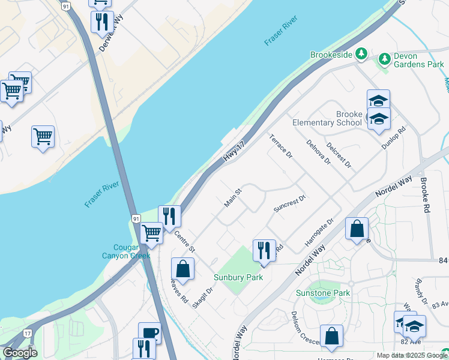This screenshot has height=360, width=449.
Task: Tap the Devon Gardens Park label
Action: tap(418, 60)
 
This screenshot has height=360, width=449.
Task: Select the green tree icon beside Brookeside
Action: tap(361, 55)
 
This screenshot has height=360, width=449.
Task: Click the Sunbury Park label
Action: tap(238, 277)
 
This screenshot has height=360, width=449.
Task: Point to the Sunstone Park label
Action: tap(323, 293)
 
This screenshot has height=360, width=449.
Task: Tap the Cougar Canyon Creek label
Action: tap(123, 251)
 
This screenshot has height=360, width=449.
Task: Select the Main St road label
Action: tap(233, 198)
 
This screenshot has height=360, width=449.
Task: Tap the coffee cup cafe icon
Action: tap(149, 333)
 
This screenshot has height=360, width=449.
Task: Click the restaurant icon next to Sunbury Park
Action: tap(264, 250)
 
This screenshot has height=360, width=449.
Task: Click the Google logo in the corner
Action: tap(20, 353)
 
